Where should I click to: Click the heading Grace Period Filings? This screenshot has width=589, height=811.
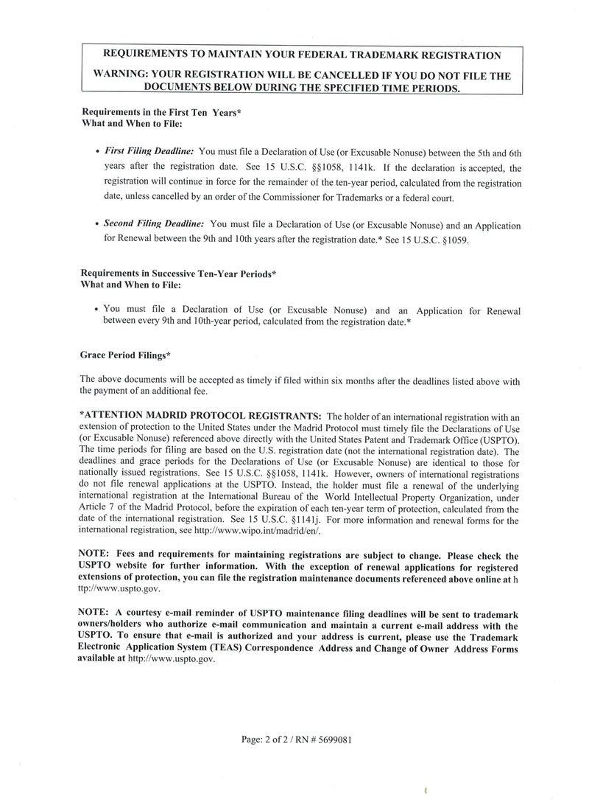pos(124,355)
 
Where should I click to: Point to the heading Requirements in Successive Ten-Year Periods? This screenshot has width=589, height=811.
pos(177,274)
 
